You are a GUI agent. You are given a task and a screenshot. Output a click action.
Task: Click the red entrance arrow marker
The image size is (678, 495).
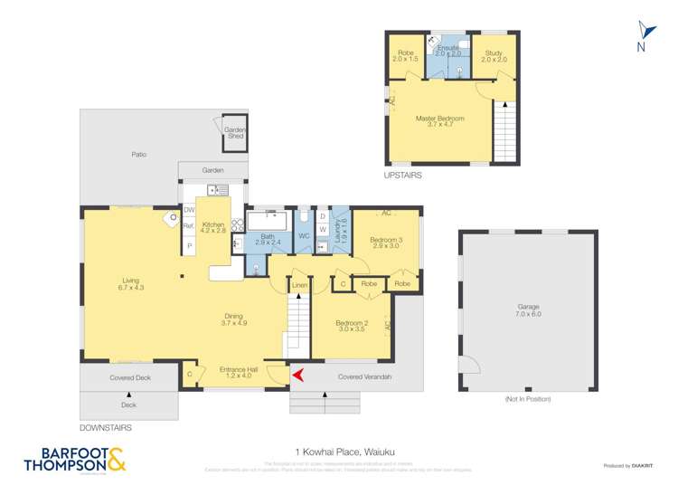(x=296, y=373)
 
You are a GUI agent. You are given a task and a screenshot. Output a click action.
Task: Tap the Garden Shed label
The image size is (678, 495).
(x=235, y=133)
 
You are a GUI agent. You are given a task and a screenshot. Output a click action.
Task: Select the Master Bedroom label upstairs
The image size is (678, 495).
(x=439, y=122)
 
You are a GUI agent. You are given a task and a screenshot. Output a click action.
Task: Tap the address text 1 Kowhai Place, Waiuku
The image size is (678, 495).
(x=338, y=451)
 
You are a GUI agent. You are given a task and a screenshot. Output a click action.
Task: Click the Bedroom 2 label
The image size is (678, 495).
(x=350, y=326)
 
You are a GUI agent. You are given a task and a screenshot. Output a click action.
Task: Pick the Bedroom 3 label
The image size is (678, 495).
(x=386, y=242)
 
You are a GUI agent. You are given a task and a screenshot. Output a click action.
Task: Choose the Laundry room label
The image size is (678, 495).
(x=342, y=234)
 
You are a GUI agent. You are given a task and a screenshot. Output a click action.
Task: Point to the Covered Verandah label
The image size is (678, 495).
(x=361, y=376)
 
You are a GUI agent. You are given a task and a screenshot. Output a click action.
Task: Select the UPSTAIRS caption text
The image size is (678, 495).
(x=402, y=176)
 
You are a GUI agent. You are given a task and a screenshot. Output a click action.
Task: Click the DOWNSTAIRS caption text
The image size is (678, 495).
(x=106, y=426)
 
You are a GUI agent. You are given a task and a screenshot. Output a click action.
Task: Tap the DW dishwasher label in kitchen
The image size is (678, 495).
(x=190, y=210)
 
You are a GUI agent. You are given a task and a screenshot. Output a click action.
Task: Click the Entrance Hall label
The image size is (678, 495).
(x=240, y=372)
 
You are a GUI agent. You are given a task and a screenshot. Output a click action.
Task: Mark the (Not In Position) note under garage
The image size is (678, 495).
(x=527, y=399)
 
